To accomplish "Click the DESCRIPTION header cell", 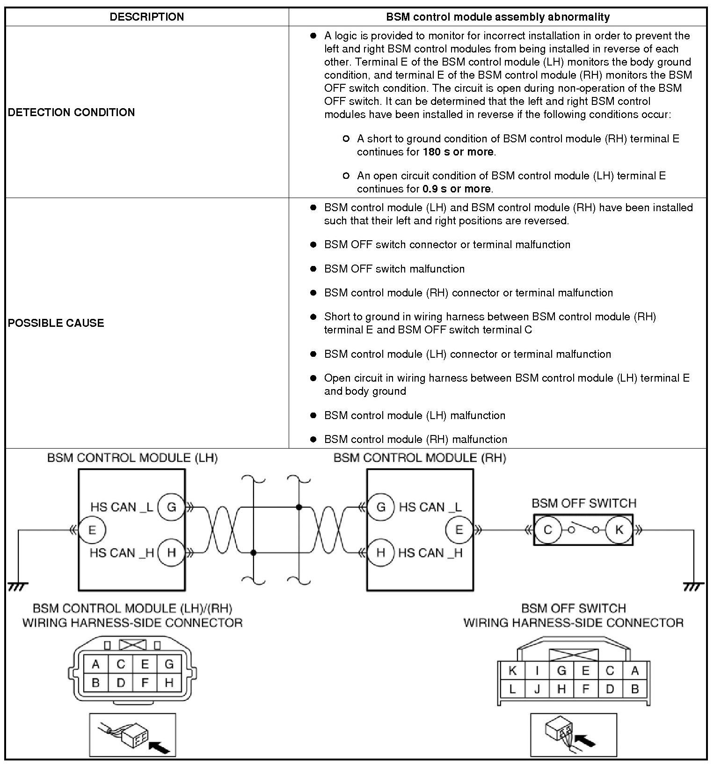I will tap(146, 17).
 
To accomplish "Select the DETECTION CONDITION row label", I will tap(71, 112).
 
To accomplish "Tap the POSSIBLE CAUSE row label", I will tap(56, 323).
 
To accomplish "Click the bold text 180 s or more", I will tap(458, 152).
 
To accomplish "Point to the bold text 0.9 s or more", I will tap(457, 189).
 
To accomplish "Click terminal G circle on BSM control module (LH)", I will tap(171, 507).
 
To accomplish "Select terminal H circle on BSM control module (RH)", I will tap(380, 553).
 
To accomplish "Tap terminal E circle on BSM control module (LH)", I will tap(92, 530).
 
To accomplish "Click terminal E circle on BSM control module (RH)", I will tap(459, 530).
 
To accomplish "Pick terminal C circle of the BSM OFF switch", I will tap(547, 530).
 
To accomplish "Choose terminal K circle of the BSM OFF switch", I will tap(619, 530).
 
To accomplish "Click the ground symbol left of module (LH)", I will tap(18, 586).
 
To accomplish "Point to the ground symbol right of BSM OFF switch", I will tap(693, 586).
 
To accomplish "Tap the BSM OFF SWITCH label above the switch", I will tap(584, 503).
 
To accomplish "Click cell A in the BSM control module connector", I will tap(96, 664).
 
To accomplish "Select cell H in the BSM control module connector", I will tap(169, 683).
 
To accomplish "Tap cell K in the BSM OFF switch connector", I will tap(512, 671).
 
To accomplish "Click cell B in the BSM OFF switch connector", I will tap(634, 689).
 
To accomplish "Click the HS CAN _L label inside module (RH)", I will tap(430, 507).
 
